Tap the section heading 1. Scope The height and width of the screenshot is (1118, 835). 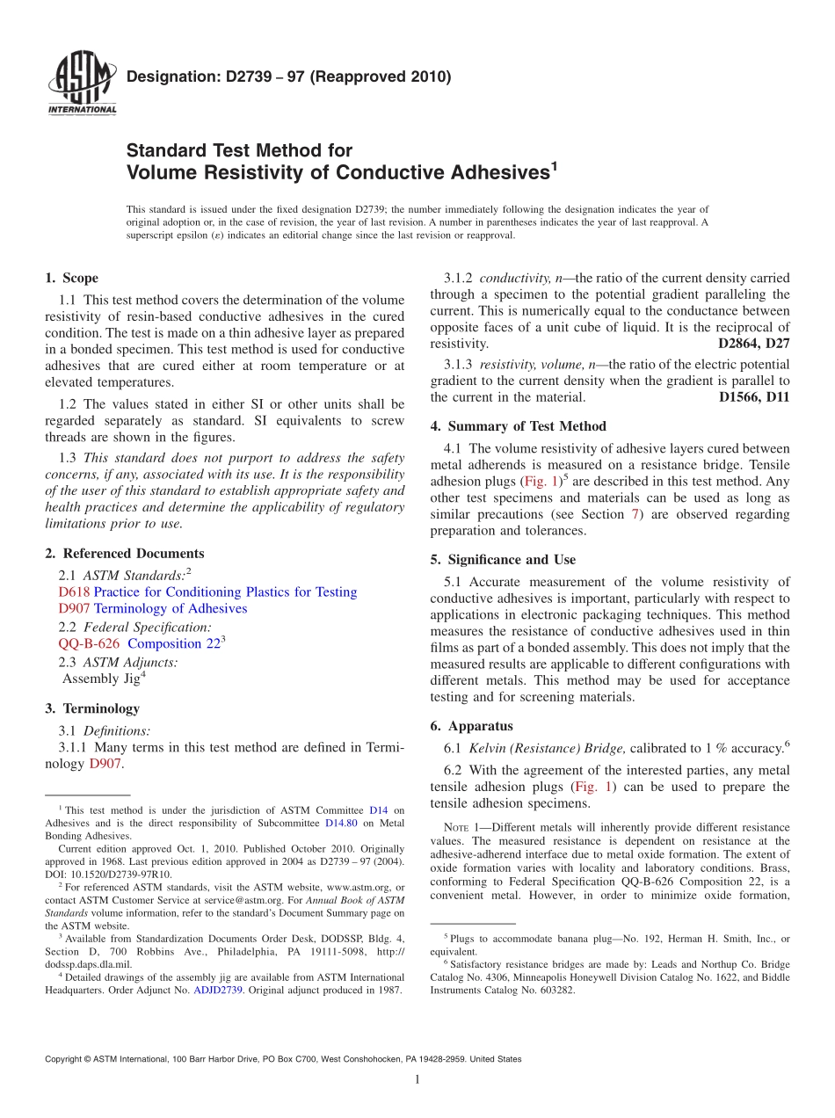[x=72, y=278]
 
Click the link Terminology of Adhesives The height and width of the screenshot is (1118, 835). [x=171, y=608]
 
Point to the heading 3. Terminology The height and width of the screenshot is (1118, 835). [x=91, y=708]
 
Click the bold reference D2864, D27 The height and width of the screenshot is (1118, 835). [x=753, y=343]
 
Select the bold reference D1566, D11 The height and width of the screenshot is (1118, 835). [x=753, y=397]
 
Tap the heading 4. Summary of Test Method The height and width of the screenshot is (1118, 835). [x=518, y=426]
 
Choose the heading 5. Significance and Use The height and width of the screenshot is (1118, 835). [x=503, y=560]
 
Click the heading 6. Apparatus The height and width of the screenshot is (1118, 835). [x=471, y=726]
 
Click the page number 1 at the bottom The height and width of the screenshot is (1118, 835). [x=417, y=1079]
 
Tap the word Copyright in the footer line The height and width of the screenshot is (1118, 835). [x=66, y=1059]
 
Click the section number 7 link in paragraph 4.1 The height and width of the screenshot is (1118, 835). [x=635, y=514]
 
